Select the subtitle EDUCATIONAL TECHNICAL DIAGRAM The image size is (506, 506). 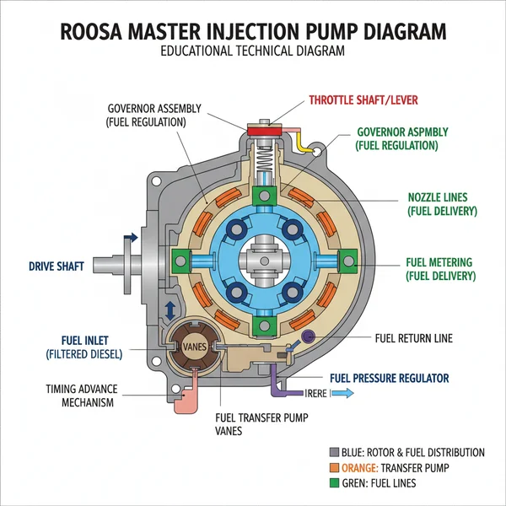click(253, 52)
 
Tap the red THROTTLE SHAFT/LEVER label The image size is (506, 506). click(363, 100)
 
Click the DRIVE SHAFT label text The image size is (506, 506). click(56, 267)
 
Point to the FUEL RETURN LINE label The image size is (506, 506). click(413, 338)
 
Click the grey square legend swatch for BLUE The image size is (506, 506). click(335, 452)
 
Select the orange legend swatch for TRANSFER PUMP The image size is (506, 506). click(335, 467)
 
